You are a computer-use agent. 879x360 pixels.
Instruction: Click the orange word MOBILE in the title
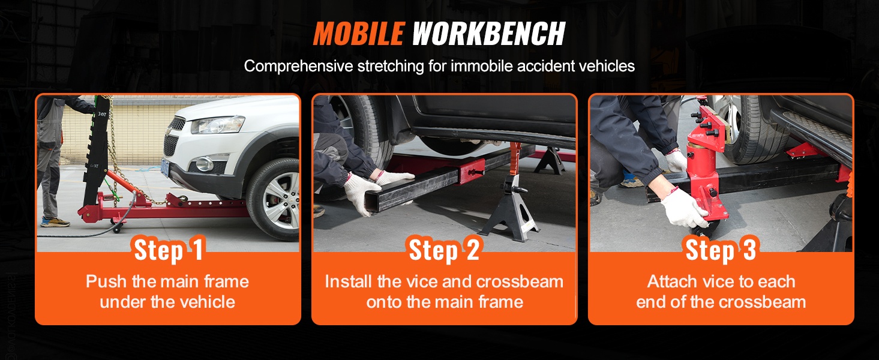359,34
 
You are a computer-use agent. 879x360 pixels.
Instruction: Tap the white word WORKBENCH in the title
488,34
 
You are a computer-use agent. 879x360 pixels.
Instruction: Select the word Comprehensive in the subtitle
298,67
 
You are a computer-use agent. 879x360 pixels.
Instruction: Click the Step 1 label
169,249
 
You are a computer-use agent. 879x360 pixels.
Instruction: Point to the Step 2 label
444,249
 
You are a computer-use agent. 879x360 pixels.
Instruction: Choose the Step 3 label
721,249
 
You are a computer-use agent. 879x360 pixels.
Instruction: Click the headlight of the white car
217,125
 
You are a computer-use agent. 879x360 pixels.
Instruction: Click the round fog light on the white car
204,164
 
